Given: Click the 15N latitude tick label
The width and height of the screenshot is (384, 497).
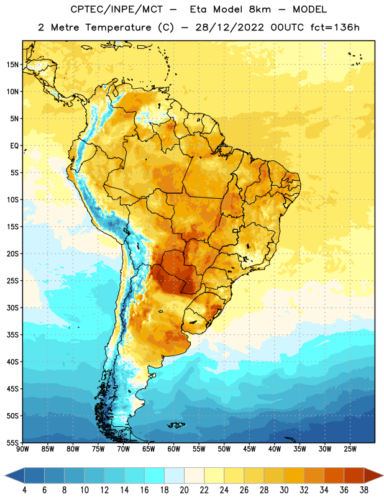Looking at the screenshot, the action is (x=12, y=65).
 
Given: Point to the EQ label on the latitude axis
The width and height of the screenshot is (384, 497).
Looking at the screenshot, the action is (x=14, y=146).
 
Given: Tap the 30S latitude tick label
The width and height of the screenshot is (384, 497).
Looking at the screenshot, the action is (x=12, y=308).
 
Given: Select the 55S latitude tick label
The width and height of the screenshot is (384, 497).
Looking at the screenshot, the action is (x=12, y=442).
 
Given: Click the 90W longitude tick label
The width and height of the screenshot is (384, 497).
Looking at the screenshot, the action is (x=22, y=449).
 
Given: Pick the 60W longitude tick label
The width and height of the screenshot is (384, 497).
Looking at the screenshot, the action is (x=174, y=449).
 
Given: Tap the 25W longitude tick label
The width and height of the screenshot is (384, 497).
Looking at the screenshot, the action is (x=350, y=449).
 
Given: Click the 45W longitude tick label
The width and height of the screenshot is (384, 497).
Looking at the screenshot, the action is (x=249, y=449).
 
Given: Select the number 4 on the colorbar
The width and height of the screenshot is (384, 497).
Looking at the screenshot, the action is (x=24, y=490).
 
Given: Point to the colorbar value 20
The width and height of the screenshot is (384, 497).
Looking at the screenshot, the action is (x=184, y=490).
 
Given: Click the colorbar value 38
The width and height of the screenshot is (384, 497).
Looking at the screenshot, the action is (x=364, y=490).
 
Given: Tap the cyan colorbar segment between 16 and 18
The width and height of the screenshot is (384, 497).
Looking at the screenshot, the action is (x=155, y=476).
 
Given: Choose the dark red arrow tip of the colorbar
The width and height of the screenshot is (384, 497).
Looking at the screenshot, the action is (x=373, y=476).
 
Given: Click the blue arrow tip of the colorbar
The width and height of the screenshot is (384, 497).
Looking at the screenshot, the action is (x=14, y=476).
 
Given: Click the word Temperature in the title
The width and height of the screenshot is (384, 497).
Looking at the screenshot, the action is (x=118, y=27).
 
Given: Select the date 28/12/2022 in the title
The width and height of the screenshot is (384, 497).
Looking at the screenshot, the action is (x=229, y=27).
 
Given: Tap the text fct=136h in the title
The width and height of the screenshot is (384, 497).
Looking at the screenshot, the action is (x=335, y=27).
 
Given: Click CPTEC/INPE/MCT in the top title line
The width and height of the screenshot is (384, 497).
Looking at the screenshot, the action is (x=117, y=9).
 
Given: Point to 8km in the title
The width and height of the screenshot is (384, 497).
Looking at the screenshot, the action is (x=260, y=9).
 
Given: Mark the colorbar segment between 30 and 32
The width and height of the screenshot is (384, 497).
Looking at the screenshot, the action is (x=295, y=476).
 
